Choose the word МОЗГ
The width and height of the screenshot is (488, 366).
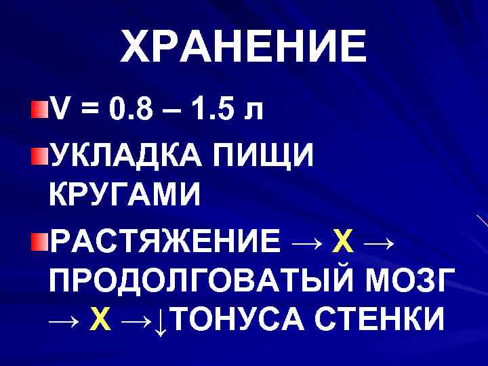(x=407, y=281)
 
